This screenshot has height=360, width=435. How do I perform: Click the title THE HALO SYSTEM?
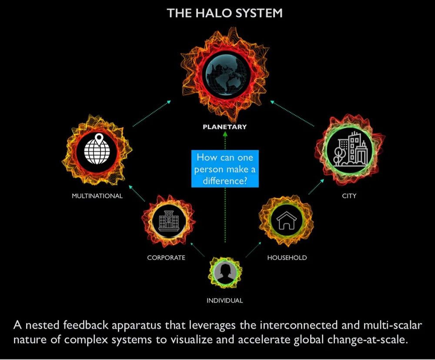point(225,13)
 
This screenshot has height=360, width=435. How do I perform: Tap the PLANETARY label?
point(225,127)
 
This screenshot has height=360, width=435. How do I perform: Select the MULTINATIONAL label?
point(97,196)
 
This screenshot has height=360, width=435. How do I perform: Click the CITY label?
point(349,196)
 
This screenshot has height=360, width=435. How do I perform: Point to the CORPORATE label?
point(166,258)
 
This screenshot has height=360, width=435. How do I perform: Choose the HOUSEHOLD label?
point(287,258)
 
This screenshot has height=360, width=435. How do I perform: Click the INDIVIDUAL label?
point(224,300)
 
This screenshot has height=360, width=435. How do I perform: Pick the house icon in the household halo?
point(286,220)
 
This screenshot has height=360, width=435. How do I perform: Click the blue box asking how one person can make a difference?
point(225,168)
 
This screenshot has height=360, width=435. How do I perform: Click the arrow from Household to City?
point(316,186)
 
